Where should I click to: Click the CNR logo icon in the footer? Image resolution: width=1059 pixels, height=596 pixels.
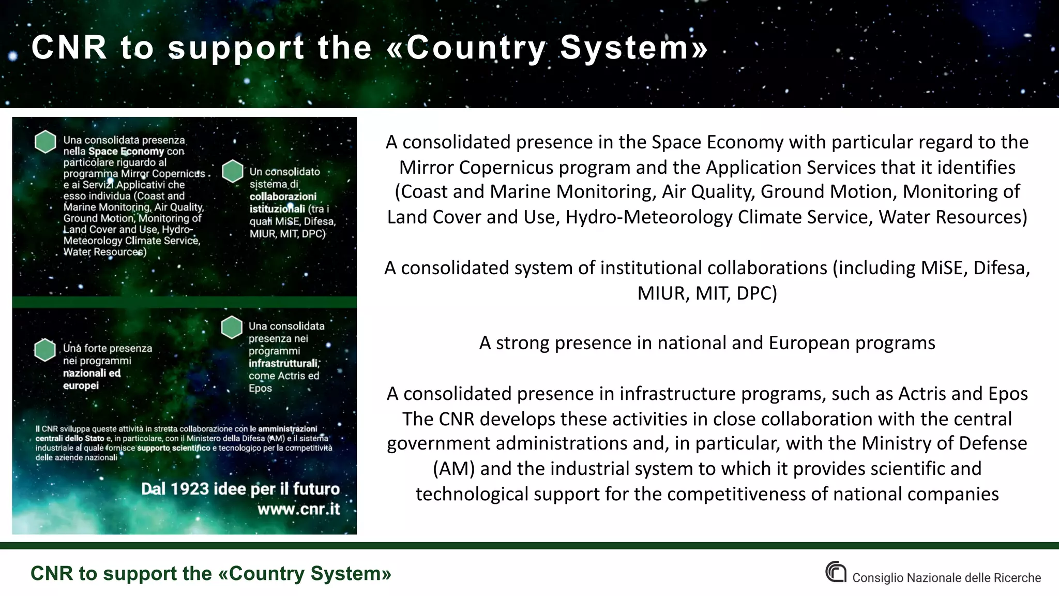click(836, 572)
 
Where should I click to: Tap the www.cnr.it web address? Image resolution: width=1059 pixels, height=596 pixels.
click(299, 509)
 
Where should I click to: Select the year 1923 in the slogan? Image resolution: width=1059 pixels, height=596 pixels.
click(190, 489)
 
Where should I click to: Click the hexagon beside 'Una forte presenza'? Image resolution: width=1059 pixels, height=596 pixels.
click(45, 350)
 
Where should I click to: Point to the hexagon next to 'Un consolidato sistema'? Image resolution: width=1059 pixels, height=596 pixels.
click(233, 171)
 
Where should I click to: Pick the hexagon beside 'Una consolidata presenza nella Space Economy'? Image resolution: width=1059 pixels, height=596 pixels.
click(46, 141)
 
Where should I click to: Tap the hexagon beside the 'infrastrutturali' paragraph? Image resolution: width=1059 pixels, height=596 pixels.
click(232, 327)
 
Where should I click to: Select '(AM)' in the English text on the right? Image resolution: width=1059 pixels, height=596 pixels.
click(453, 469)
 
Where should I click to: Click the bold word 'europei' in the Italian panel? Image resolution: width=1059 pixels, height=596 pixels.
click(81, 385)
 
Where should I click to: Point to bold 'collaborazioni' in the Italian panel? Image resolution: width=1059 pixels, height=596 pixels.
click(283, 197)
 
